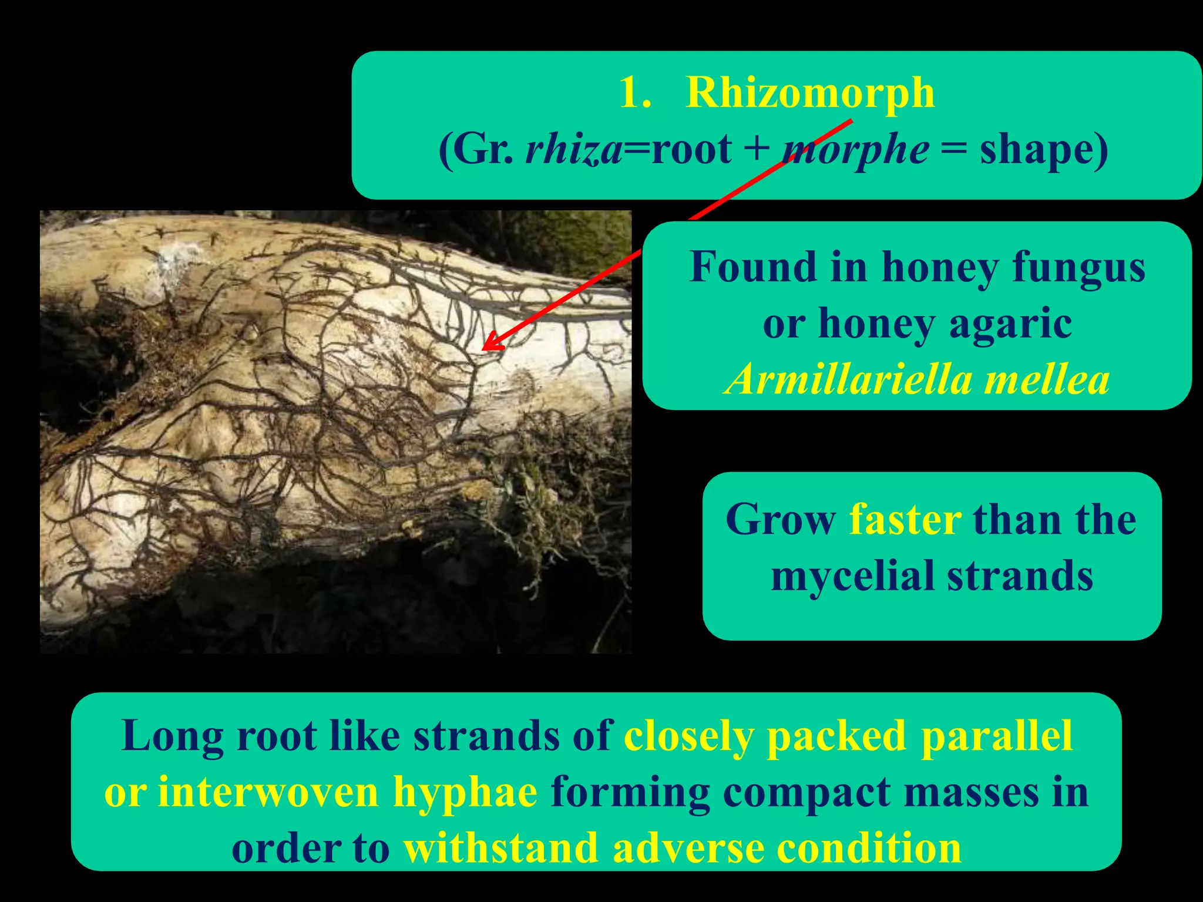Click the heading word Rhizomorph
coord(810,93)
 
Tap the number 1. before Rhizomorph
coord(635,93)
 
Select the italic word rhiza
coord(573,149)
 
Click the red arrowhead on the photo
coord(491,344)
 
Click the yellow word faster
coord(905,520)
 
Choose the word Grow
coord(780,520)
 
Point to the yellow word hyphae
coord(465,792)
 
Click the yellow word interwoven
coord(268,792)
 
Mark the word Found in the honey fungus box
coord(753,267)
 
